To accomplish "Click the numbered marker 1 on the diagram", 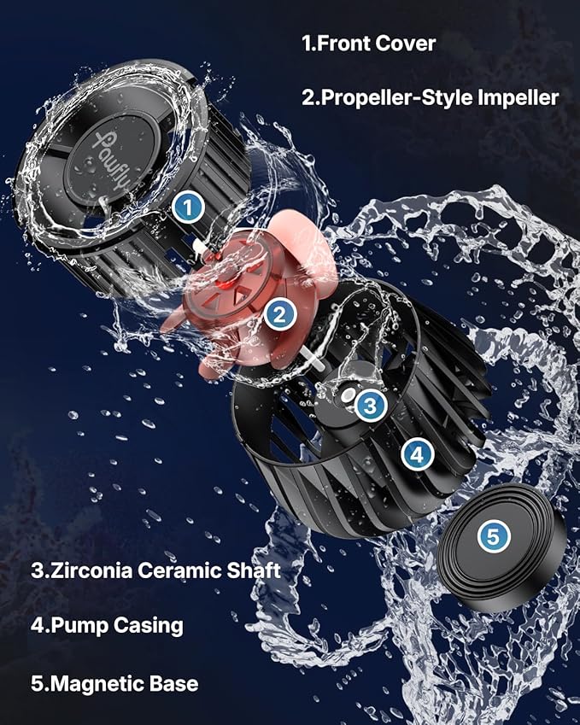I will click(188, 206).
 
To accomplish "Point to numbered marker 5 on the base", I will click(495, 536).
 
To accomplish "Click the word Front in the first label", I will click(347, 43).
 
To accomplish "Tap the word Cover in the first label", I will click(406, 43).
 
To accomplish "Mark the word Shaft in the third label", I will click(255, 570).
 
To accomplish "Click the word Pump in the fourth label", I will click(78, 625).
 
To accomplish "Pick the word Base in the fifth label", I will click(173, 683).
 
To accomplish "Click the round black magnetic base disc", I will click(500, 547).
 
